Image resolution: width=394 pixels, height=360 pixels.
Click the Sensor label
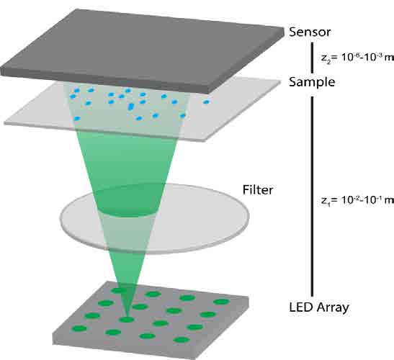tap(310, 32)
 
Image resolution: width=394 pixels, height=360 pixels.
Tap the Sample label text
tap(312, 82)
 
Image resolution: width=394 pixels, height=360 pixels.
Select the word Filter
tap(258, 189)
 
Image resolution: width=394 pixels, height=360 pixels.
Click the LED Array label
tap(319, 307)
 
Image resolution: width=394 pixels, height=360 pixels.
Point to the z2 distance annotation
tap(357, 58)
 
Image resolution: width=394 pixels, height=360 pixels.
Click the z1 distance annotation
tap(357, 200)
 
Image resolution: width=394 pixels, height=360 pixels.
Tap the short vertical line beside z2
tap(313, 58)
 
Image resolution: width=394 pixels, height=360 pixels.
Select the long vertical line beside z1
tap(313, 197)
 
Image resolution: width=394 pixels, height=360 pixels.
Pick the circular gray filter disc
tap(155, 219)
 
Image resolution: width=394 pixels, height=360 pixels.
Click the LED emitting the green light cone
tap(126, 320)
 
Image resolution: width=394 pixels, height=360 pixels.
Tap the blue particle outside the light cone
tap(206, 102)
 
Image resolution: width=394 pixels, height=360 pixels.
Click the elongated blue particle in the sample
tap(130, 107)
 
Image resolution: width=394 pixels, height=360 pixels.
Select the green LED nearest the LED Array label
tap(221, 302)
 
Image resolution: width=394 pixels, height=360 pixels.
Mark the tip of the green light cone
tap(126, 318)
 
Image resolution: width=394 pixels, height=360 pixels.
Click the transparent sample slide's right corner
tap(279, 81)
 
